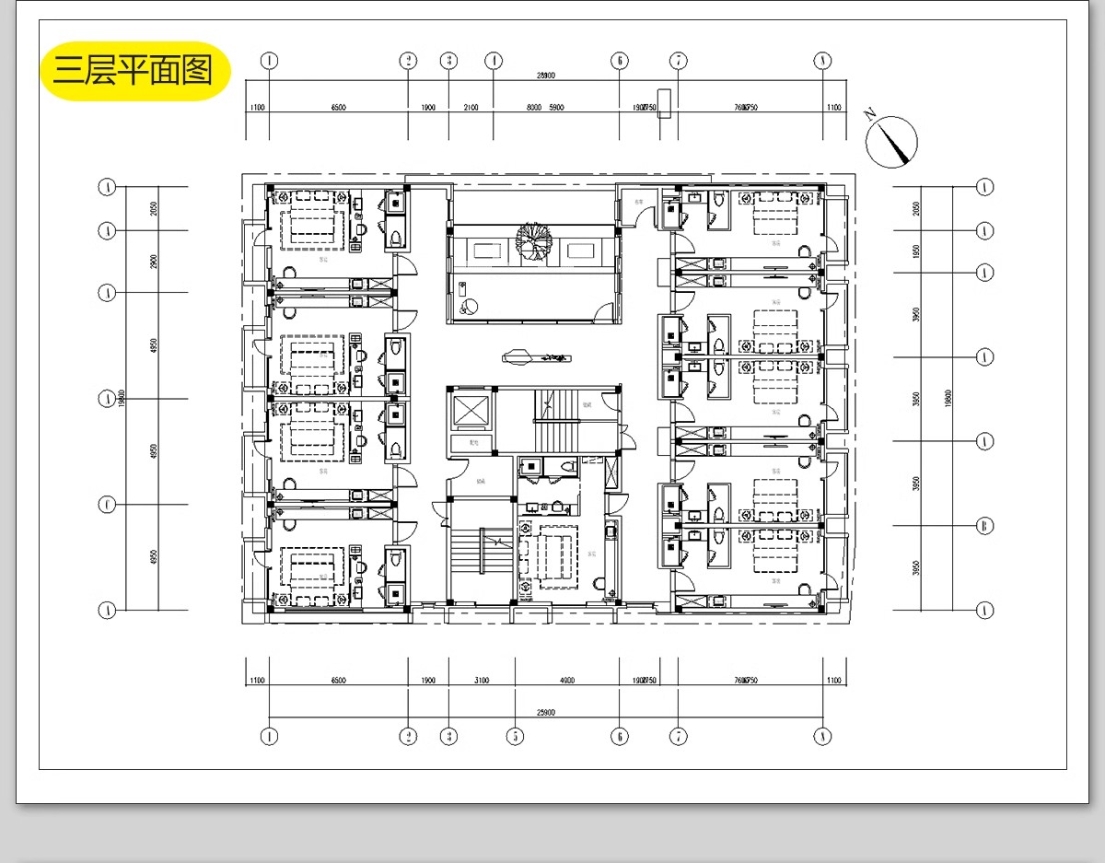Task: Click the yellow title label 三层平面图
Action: point(134,70)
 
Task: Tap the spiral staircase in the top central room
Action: point(532,244)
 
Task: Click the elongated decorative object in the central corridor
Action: point(536,355)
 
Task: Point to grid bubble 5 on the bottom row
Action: point(515,736)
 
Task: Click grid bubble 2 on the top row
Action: point(408,61)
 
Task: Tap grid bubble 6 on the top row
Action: point(619,61)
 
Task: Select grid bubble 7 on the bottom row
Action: point(678,736)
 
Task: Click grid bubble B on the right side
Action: point(984,526)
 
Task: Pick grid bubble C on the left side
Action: point(109,505)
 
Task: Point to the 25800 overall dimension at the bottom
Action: point(546,712)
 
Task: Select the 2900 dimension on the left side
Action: point(154,262)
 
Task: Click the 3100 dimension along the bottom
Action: point(482,681)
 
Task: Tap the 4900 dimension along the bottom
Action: point(566,681)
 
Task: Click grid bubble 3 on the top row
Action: point(448,61)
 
